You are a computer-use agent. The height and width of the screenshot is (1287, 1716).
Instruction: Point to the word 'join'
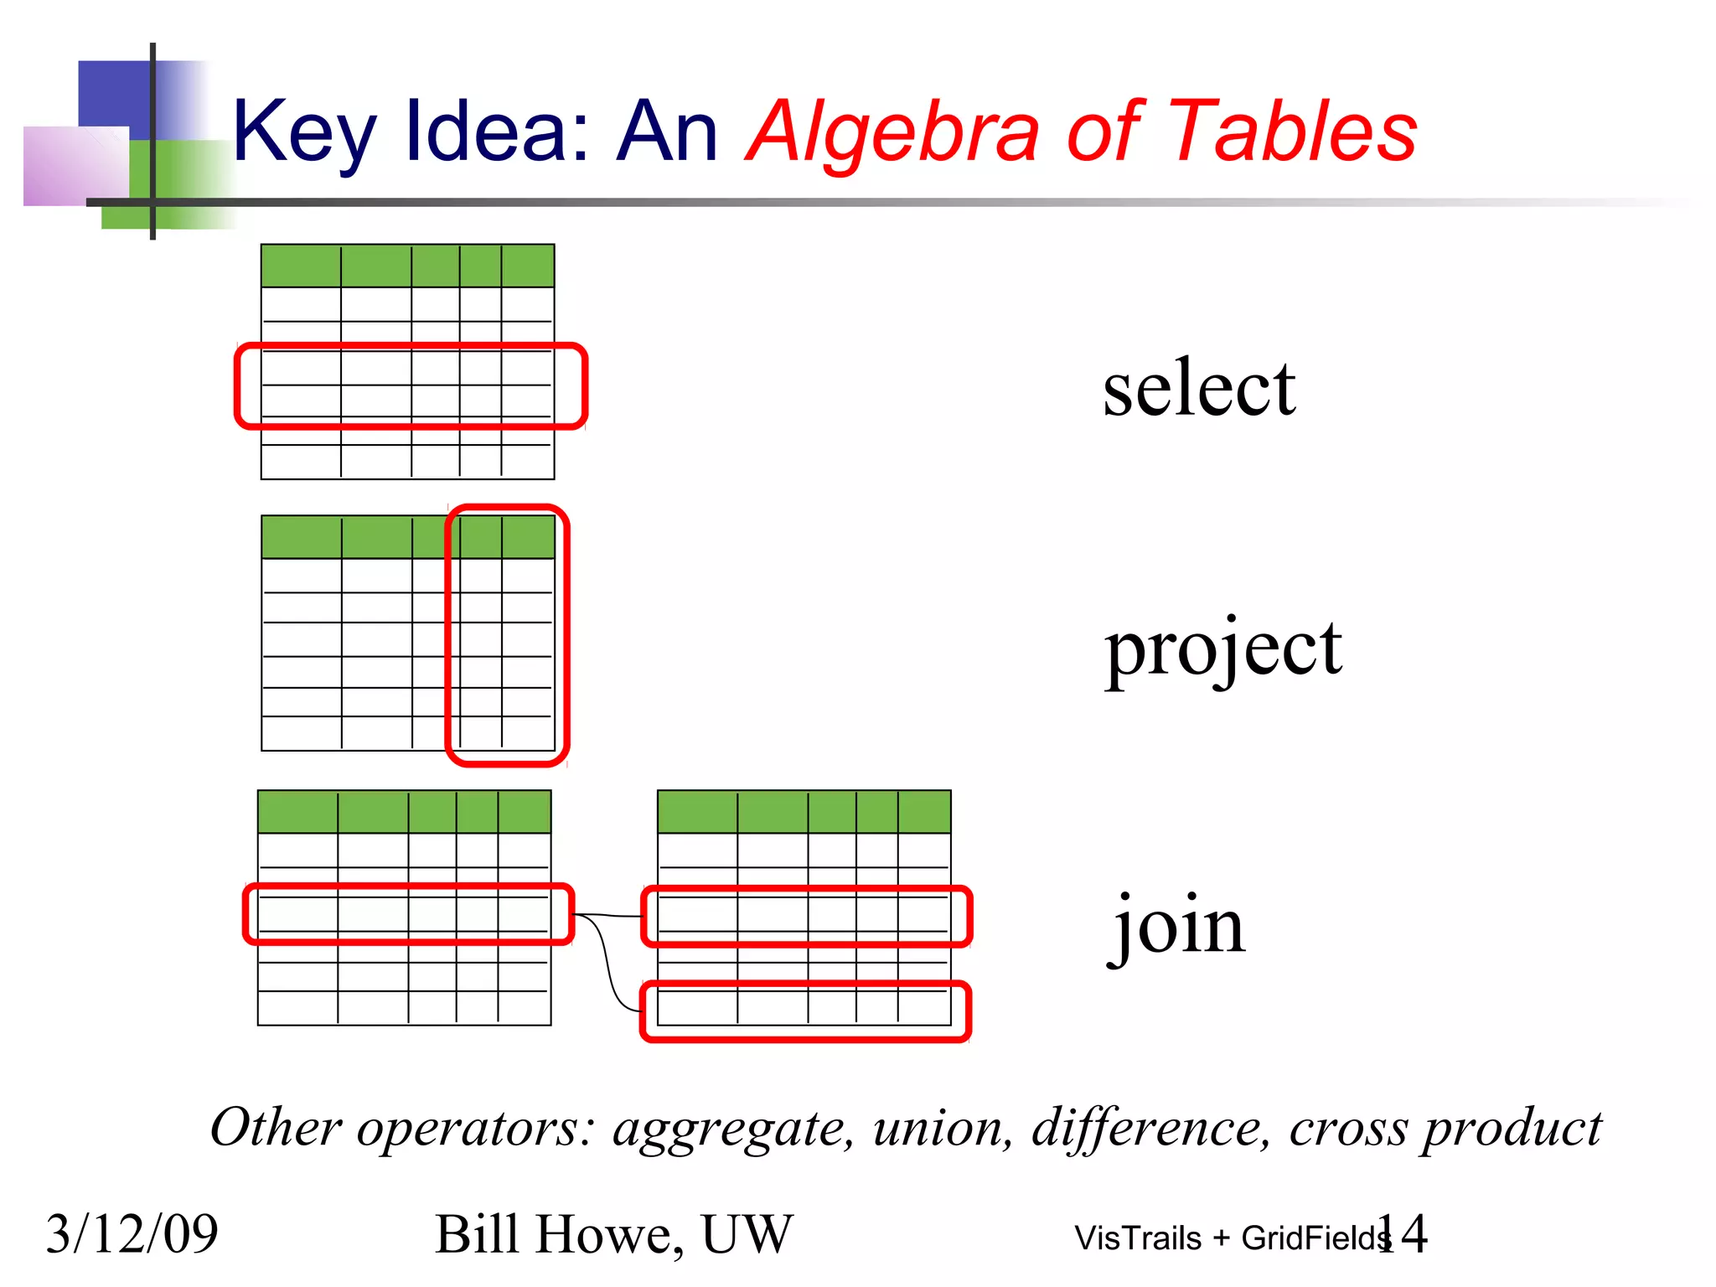[x=1180, y=927]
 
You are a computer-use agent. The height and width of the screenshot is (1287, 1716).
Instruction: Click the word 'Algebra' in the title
[x=893, y=132]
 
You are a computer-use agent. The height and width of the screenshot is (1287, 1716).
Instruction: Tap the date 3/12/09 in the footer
[x=132, y=1234]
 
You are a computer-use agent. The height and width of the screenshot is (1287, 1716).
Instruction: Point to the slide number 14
[x=1404, y=1233]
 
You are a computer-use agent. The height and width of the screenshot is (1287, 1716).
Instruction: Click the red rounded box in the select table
[x=411, y=346]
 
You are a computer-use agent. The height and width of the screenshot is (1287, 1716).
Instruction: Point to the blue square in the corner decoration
[x=113, y=92]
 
